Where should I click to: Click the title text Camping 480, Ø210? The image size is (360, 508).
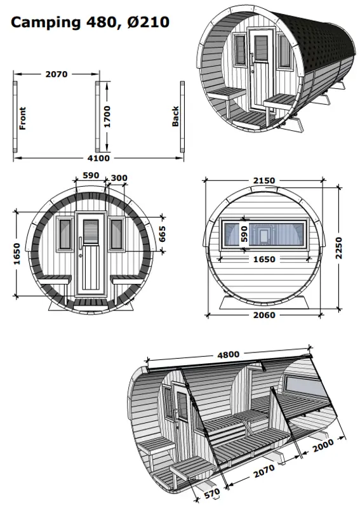[90, 23]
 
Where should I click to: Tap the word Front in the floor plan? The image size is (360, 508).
[23, 118]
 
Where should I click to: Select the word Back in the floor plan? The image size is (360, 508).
[176, 116]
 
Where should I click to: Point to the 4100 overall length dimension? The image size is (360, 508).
[98, 158]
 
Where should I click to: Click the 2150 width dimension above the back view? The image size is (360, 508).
[263, 180]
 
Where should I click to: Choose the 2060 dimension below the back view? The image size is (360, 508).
[263, 314]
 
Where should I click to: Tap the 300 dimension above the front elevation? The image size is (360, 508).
[119, 177]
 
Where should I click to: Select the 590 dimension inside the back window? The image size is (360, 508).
[243, 232]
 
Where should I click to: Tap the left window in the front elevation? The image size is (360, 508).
[65, 234]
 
